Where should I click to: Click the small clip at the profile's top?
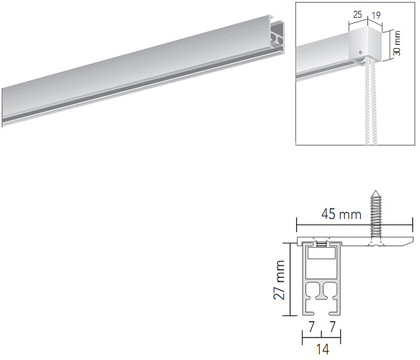[321, 242]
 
